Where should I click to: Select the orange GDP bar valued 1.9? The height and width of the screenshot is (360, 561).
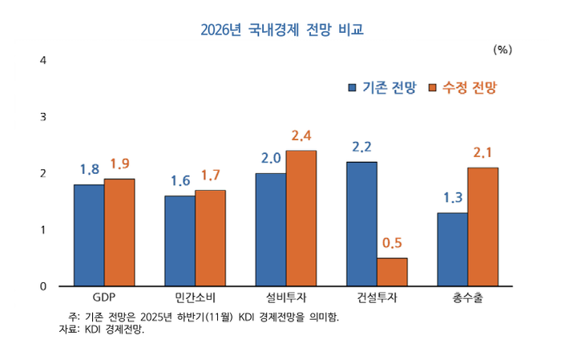(x=119, y=233)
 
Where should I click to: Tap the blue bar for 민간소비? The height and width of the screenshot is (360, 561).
(x=180, y=241)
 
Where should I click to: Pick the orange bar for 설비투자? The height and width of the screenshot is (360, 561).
(x=301, y=218)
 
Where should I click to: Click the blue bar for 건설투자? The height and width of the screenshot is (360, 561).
(x=361, y=224)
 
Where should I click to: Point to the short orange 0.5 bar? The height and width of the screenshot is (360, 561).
(x=392, y=272)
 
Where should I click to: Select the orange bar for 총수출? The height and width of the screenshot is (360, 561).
(x=482, y=227)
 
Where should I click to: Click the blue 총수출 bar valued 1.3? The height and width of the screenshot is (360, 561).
(x=452, y=249)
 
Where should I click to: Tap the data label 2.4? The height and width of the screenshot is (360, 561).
(x=301, y=136)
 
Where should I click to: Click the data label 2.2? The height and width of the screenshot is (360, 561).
(x=361, y=147)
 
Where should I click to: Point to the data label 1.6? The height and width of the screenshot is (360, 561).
(x=180, y=180)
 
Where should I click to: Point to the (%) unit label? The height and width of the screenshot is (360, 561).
(x=502, y=49)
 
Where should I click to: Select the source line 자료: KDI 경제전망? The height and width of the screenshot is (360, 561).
(x=102, y=330)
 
